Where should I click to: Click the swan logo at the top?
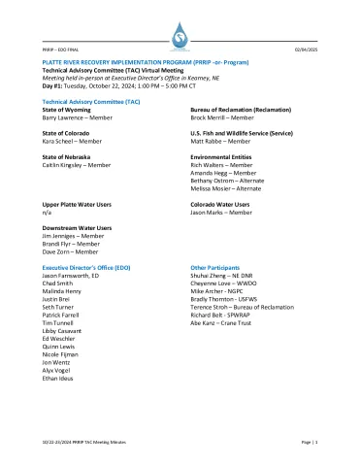(x=180, y=37)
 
